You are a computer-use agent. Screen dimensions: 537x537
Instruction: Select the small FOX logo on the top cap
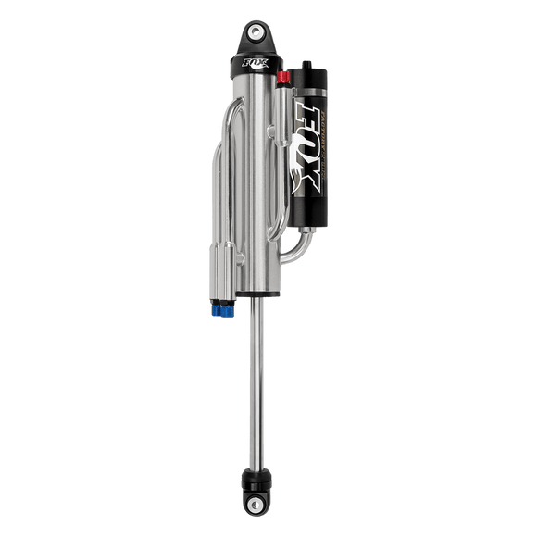(253, 66)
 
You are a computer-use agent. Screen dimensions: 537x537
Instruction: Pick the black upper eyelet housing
(256, 42)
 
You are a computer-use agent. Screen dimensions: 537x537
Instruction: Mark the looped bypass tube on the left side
(222, 176)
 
